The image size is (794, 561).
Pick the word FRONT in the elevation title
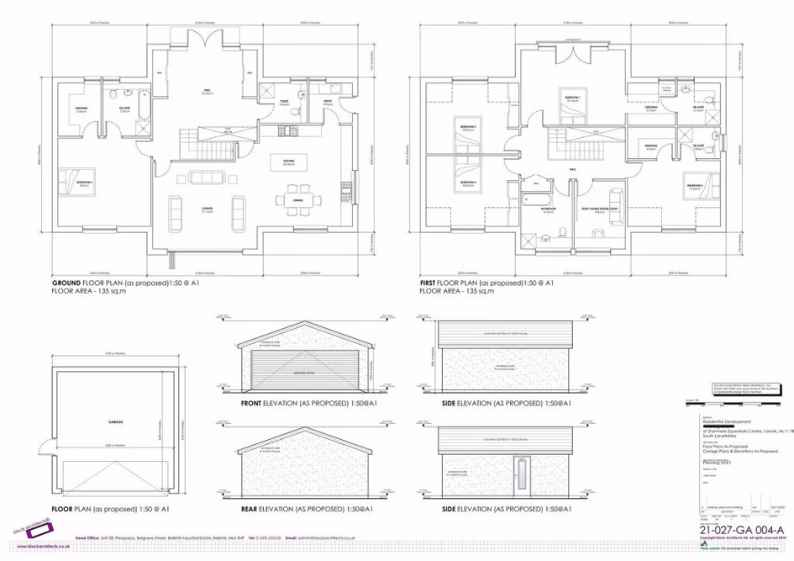252,404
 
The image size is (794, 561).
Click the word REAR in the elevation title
250,510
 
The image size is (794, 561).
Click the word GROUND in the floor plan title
66,283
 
